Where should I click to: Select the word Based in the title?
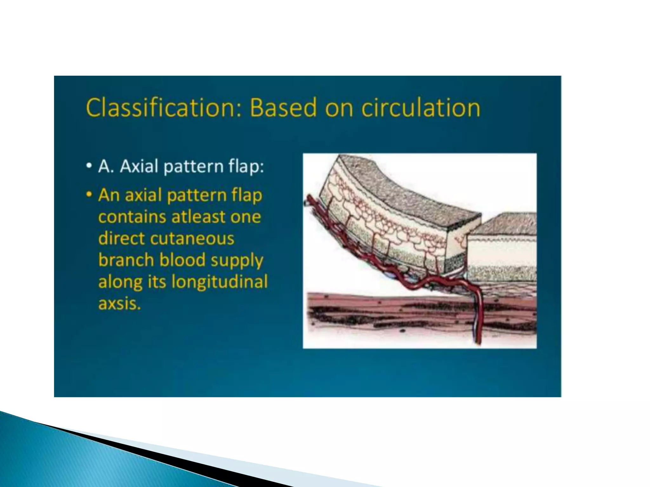click(282, 108)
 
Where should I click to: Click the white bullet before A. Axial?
click(90, 166)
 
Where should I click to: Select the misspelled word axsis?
click(119, 303)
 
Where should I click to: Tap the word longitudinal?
click(220, 282)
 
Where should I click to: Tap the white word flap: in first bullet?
click(246, 166)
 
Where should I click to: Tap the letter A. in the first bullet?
click(106, 166)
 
